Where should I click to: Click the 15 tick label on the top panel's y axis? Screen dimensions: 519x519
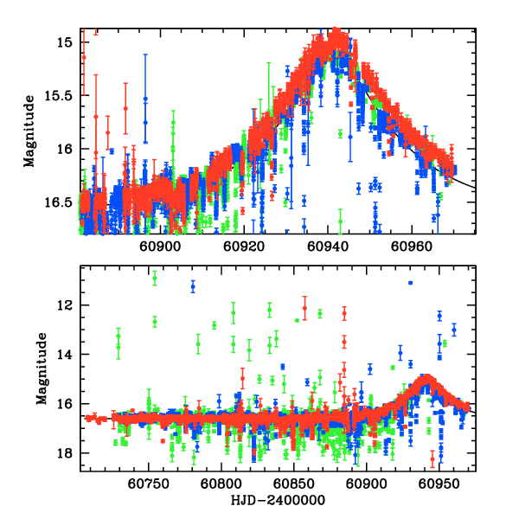[66, 41]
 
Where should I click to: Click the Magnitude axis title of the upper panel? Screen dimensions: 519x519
[29, 131]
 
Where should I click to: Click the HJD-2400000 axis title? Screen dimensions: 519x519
[278, 501]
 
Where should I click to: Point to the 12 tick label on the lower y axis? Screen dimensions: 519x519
[66, 305]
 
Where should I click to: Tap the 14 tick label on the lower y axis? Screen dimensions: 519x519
[66, 355]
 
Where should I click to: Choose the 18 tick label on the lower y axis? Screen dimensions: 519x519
[66, 453]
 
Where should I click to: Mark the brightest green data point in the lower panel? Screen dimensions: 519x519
[155, 278]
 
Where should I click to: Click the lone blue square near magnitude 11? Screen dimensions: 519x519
[410, 283]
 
